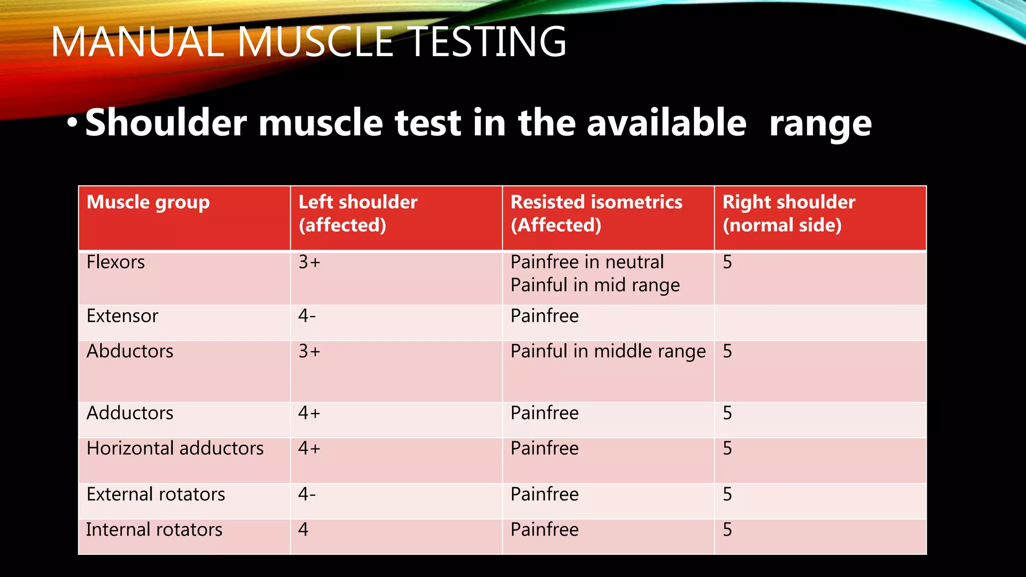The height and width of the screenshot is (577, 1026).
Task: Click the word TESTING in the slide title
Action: [486, 42]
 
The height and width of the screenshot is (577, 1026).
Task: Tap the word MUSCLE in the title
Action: [316, 42]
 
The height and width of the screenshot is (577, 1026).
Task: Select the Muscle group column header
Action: [148, 202]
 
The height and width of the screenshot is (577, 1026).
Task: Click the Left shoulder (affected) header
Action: [358, 213]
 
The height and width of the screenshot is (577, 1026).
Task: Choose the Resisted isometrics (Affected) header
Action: [596, 213]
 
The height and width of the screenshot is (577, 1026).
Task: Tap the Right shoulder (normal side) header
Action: [789, 213]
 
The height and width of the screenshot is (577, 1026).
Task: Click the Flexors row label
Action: [116, 262]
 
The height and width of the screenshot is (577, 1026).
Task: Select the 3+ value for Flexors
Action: [309, 262]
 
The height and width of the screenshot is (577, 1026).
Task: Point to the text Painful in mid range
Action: [595, 285]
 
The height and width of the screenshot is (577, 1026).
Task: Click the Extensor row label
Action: [122, 316]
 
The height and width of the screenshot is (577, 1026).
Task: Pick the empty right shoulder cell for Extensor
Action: [820, 323]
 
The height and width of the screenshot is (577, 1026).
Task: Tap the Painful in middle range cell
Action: [608, 352]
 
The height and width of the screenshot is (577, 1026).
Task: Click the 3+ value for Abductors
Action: [309, 352]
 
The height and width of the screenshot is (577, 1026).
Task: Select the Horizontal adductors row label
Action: [175, 448]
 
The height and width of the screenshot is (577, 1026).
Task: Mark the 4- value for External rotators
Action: [307, 494]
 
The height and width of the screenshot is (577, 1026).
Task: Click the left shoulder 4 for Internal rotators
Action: [303, 529]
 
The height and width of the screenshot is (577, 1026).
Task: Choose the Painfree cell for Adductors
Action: [545, 413]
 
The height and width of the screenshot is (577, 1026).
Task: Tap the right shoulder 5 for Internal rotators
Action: [727, 529]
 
